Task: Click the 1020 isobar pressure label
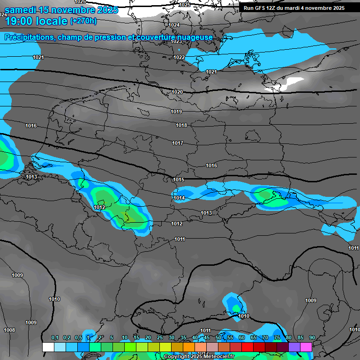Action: tap(177, 92)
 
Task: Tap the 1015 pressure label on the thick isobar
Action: tap(179, 180)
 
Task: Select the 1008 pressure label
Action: tap(9, 330)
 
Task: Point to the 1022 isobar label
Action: tap(179, 57)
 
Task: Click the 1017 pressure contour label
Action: tap(178, 143)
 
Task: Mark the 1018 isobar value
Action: tap(181, 125)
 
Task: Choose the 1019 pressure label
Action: tap(176, 112)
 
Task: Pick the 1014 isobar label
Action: tap(180, 198)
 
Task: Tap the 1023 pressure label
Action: tap(176, 41)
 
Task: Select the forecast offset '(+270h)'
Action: tap(83, 21)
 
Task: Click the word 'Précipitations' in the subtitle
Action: tap(30, 37)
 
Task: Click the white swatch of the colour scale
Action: tap(48, 347)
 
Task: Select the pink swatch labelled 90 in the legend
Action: tap(306, 347)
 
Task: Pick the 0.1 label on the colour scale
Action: tap(55, 337)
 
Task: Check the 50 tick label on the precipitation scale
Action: tap(218, 337)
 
